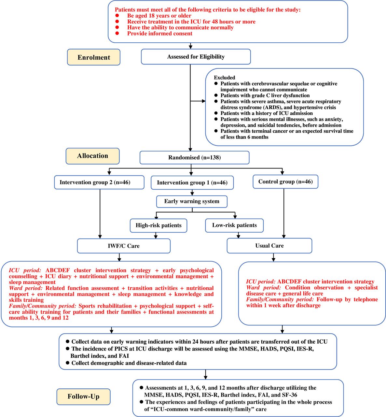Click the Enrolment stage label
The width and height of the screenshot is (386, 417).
pos(93,57)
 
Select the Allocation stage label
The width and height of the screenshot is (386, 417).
pos(92,156)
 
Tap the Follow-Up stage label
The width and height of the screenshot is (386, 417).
pos(83,396)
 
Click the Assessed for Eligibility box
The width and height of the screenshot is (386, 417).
pos(196,57)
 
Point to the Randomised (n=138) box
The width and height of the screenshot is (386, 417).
pos(195,157)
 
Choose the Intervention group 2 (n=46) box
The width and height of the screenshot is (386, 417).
pos(99,182)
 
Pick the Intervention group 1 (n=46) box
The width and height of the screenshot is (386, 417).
pos(192,182)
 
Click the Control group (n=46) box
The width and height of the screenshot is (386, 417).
pos(285,182)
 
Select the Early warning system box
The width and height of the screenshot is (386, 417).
pos(192,202)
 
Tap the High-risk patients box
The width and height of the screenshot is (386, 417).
pos(159,225)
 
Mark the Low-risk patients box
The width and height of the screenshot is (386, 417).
pos(234,225)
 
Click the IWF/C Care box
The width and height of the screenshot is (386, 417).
pos(124,246)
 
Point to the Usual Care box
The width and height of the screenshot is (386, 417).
pos(269,246)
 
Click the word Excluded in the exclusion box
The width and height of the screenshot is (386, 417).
pos(225,78)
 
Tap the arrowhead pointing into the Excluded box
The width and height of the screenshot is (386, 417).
pos(203,101)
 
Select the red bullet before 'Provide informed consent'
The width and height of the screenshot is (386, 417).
pos(117,33)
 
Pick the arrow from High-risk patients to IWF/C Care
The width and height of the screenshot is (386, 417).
pos(156,235)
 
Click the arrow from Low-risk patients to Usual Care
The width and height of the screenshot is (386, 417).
pos(238,235)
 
